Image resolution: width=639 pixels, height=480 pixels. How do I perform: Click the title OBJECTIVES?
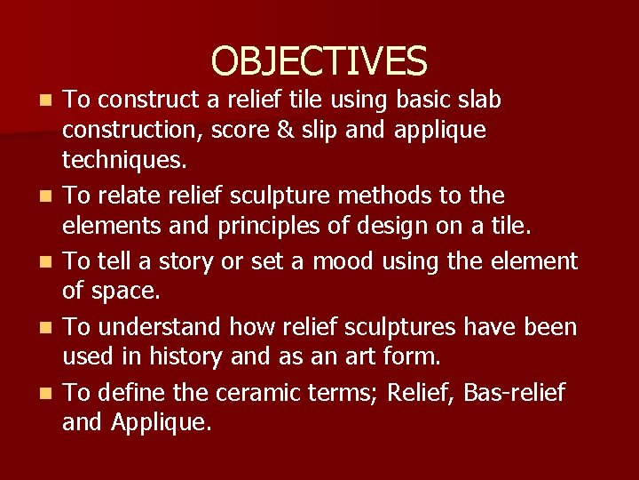[x=319, y=60]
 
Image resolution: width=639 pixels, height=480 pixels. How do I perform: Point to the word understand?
[x=156, y=327]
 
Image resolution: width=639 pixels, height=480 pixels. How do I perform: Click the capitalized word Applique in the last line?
[x=162, y=422]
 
